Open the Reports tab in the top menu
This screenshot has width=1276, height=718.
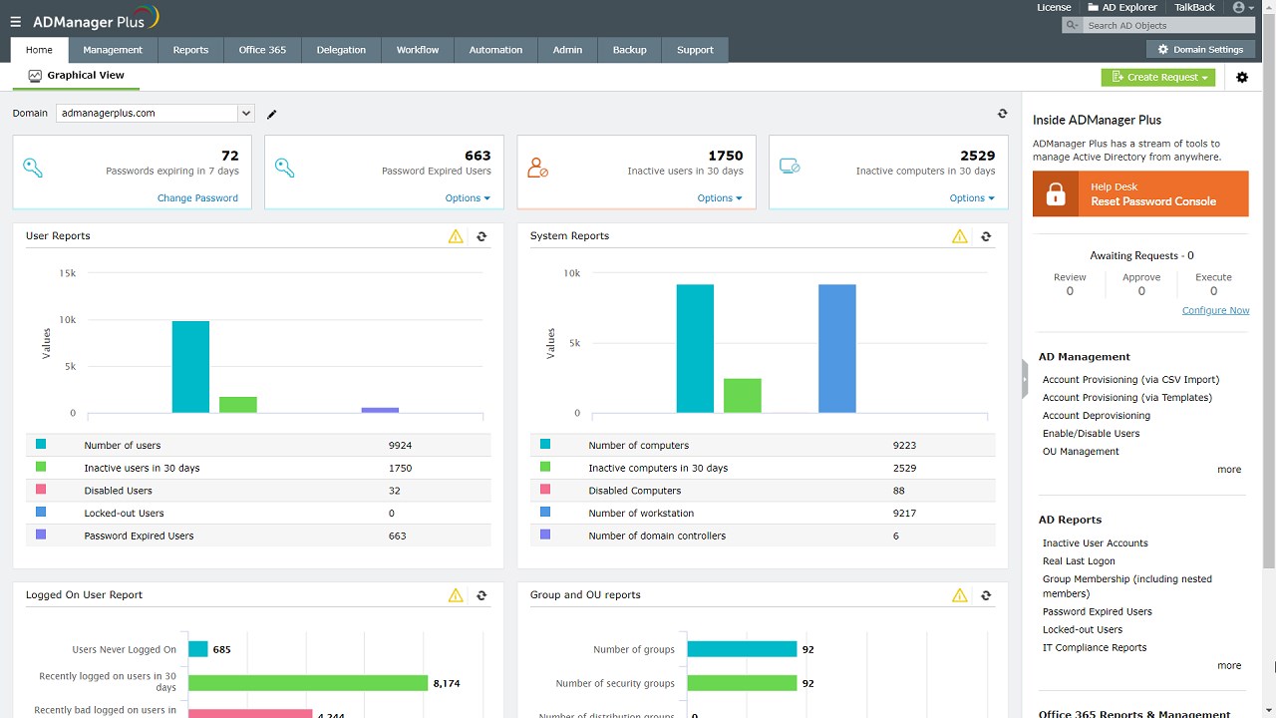coord(190,50)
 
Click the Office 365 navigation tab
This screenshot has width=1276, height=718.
coord(262,50)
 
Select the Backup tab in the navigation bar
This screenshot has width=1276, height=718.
coord(629,50)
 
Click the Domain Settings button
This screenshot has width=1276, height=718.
coord(1200,49)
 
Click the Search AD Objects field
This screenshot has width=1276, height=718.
coord(1156,26)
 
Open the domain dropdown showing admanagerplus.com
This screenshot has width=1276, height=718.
coord(156,114)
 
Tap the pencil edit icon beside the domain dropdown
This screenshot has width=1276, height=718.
coord(272,115)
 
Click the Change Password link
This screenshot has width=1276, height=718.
coord(197,198)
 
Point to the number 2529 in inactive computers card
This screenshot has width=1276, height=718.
coord(977,156)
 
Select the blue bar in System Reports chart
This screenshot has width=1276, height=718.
coord(836,348)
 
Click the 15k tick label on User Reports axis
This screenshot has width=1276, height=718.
coord(67,273)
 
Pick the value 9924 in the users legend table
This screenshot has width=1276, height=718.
coord(400,446)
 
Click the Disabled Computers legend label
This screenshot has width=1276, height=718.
coord(634,491)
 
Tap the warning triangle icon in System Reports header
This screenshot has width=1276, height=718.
coord(959,236)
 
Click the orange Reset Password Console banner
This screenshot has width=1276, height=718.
coord(1140,193)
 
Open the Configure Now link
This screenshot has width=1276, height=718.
coord(1215,310)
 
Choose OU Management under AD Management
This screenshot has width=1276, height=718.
coord(1081,452)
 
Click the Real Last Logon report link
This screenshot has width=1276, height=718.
coord(1079,561)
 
